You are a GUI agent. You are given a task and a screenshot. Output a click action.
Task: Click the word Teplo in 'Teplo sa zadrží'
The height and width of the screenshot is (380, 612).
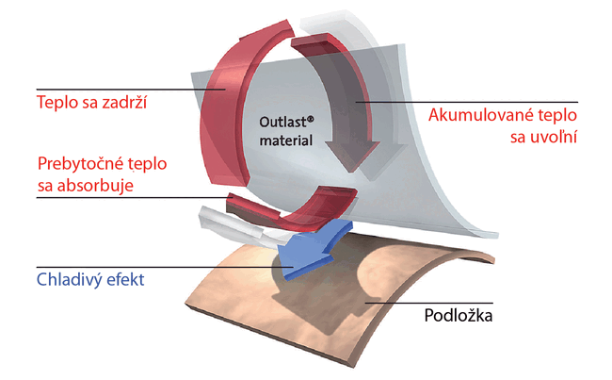[57, 103]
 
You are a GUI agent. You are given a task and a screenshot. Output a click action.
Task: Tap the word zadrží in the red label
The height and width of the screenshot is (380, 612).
[124, 103]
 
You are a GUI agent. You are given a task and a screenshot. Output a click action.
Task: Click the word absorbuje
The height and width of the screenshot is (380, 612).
[96, 186]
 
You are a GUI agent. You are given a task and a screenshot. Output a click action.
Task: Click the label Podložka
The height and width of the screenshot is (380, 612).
[459, 316]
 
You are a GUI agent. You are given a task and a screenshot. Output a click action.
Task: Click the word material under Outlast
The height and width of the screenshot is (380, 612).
[286, 140]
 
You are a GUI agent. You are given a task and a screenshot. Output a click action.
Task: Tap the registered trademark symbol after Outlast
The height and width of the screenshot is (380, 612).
[311, 119]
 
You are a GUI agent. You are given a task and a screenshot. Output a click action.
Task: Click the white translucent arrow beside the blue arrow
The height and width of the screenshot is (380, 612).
[234, 225]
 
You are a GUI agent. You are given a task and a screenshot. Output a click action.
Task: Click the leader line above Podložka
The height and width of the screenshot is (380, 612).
[429, 303]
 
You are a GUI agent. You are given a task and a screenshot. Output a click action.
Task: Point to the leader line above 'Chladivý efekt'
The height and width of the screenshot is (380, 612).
[165, 268]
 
